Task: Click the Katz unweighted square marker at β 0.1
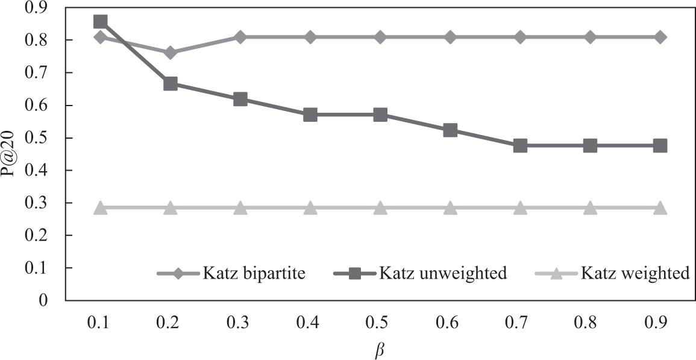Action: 101,22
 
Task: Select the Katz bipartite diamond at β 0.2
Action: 171,52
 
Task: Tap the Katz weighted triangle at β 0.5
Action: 380,208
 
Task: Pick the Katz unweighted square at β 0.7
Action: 520,145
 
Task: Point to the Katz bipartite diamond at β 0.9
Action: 660,37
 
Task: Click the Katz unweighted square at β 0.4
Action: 310,115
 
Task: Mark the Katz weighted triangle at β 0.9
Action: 660,208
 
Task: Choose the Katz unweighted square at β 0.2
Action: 171,83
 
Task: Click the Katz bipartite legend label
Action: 254,274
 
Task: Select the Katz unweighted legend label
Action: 443,274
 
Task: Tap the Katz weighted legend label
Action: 635,274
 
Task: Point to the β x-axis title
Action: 378,349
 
